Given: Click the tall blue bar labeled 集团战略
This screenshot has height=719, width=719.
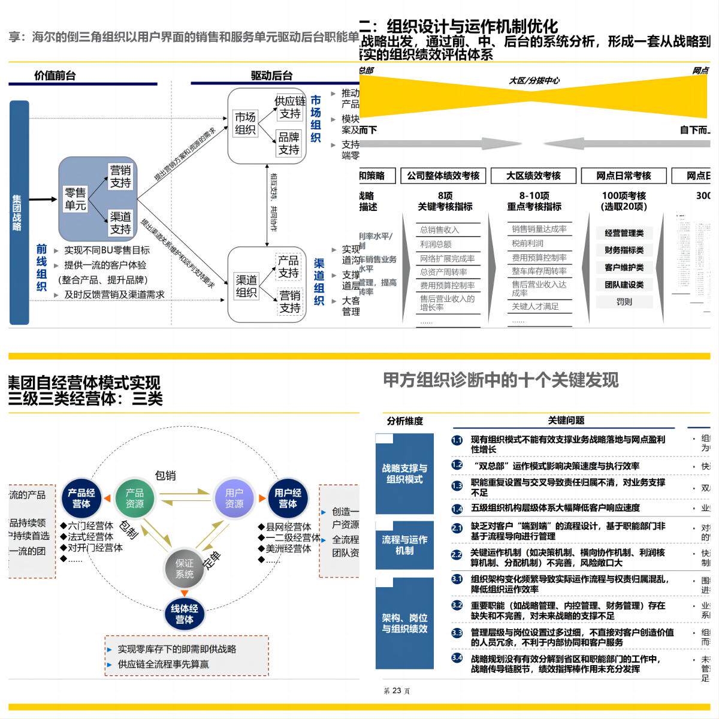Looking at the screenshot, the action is [x=19, y=213].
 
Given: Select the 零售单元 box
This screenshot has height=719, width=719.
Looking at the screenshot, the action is [x=75, y=199].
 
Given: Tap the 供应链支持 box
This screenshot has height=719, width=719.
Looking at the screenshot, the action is [x=289, y=107].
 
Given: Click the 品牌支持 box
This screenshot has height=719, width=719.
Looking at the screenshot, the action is [x=289, y=143].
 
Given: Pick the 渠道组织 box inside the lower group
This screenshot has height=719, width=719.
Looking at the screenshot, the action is [x=246, y=286].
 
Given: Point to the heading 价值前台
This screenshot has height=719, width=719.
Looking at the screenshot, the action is [x=55, y=75].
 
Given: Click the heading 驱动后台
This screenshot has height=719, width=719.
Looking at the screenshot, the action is [x=271, y=75].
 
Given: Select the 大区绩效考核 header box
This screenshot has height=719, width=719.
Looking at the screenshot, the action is [x=533, y=176].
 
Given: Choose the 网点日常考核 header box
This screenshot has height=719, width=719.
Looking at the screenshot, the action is [x=623, y=176].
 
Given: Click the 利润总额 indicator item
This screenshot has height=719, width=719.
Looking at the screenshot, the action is [x=436, y=244].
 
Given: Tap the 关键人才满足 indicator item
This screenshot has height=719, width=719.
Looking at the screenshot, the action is [x=535, y=306].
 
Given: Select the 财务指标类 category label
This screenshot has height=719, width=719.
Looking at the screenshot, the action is [x=624, y=250].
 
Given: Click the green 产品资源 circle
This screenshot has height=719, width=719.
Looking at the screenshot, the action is [x=135, y=498].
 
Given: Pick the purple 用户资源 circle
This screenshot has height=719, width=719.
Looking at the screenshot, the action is [x=234, y=498].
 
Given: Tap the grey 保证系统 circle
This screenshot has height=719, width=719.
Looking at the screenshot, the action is [x=185, y=569].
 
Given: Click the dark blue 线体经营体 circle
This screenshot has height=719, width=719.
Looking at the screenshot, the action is [x=185, y=614].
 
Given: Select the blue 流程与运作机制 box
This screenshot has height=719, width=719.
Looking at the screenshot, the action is [x=404, y=545].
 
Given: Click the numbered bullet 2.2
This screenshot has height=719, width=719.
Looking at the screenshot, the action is [x=457, y=555].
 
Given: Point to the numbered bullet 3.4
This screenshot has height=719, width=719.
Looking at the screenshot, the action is [x=457, y=658].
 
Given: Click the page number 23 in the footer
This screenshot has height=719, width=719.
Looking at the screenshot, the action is [x=397, y=691].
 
